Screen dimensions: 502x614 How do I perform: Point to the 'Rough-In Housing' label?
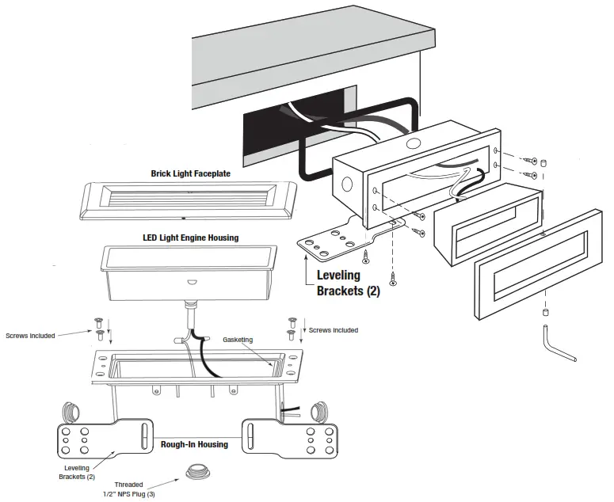(x=194, y=444)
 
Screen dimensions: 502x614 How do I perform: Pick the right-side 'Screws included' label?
(x=333, y=330)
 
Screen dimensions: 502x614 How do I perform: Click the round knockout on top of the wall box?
(x=411, y=145)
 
